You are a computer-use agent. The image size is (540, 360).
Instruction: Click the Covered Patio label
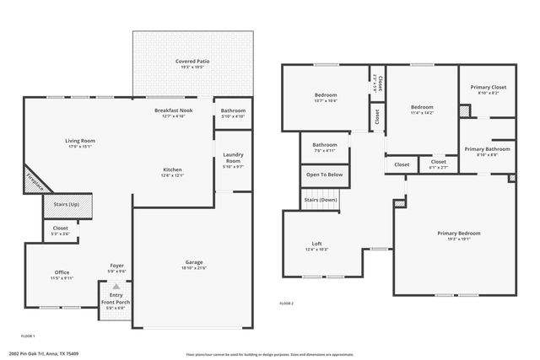point(192,62)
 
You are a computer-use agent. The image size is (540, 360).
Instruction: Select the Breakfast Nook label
point(173,110)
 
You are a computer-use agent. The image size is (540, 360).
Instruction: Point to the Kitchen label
point(172,169)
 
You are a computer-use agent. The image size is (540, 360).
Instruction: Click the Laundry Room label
point(233,158)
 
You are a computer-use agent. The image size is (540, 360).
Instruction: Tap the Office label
point(62,271)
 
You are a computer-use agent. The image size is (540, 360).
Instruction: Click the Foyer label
point(116,266)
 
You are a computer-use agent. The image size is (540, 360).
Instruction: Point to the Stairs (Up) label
point(67,204)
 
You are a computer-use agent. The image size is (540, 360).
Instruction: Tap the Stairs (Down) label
point(321,200)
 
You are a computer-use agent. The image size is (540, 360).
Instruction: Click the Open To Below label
point(324,175)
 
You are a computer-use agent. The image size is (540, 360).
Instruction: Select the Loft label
point(317,244)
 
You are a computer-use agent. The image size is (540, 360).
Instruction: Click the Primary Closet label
point(488,88)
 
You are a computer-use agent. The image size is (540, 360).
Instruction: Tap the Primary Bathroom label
point(487,149)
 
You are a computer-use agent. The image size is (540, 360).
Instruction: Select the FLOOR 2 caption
point(287,303)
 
